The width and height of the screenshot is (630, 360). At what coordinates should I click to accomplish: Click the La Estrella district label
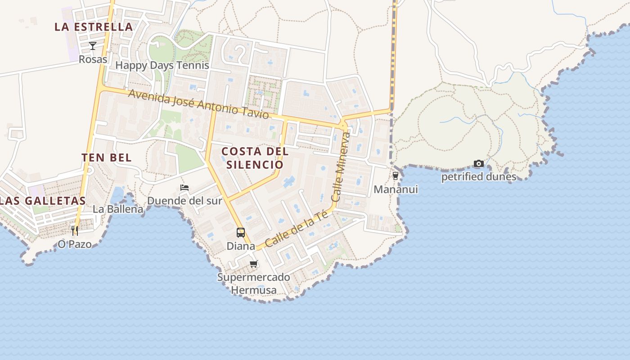94,27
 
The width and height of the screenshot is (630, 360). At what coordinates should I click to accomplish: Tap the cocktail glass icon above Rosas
93,45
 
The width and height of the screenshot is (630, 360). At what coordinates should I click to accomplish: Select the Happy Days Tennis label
162,65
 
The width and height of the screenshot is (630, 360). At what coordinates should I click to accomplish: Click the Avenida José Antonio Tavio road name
198,104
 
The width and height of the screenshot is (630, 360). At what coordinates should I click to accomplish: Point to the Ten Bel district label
107,157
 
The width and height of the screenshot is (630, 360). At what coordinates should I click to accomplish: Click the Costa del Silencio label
255,157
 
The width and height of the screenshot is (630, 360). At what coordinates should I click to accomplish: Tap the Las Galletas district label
43,201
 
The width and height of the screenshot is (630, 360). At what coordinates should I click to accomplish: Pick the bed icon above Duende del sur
184,187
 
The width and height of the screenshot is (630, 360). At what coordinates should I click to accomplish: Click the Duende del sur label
184,201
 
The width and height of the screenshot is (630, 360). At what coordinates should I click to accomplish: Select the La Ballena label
118,209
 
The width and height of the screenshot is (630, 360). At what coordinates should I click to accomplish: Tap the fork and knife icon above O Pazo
75,231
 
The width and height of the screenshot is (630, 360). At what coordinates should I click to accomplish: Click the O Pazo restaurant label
75,244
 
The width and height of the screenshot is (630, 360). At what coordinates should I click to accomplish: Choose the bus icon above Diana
241,233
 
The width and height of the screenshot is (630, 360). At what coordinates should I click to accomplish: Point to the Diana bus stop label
241,246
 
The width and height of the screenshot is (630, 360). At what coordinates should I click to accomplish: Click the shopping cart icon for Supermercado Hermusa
254,264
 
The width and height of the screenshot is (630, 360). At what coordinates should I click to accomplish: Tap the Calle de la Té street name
297,229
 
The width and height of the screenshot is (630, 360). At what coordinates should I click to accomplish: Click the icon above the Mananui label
396,176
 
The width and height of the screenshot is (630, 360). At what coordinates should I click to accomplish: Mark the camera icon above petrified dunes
479,164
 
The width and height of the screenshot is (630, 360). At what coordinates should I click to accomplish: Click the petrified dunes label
479,177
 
